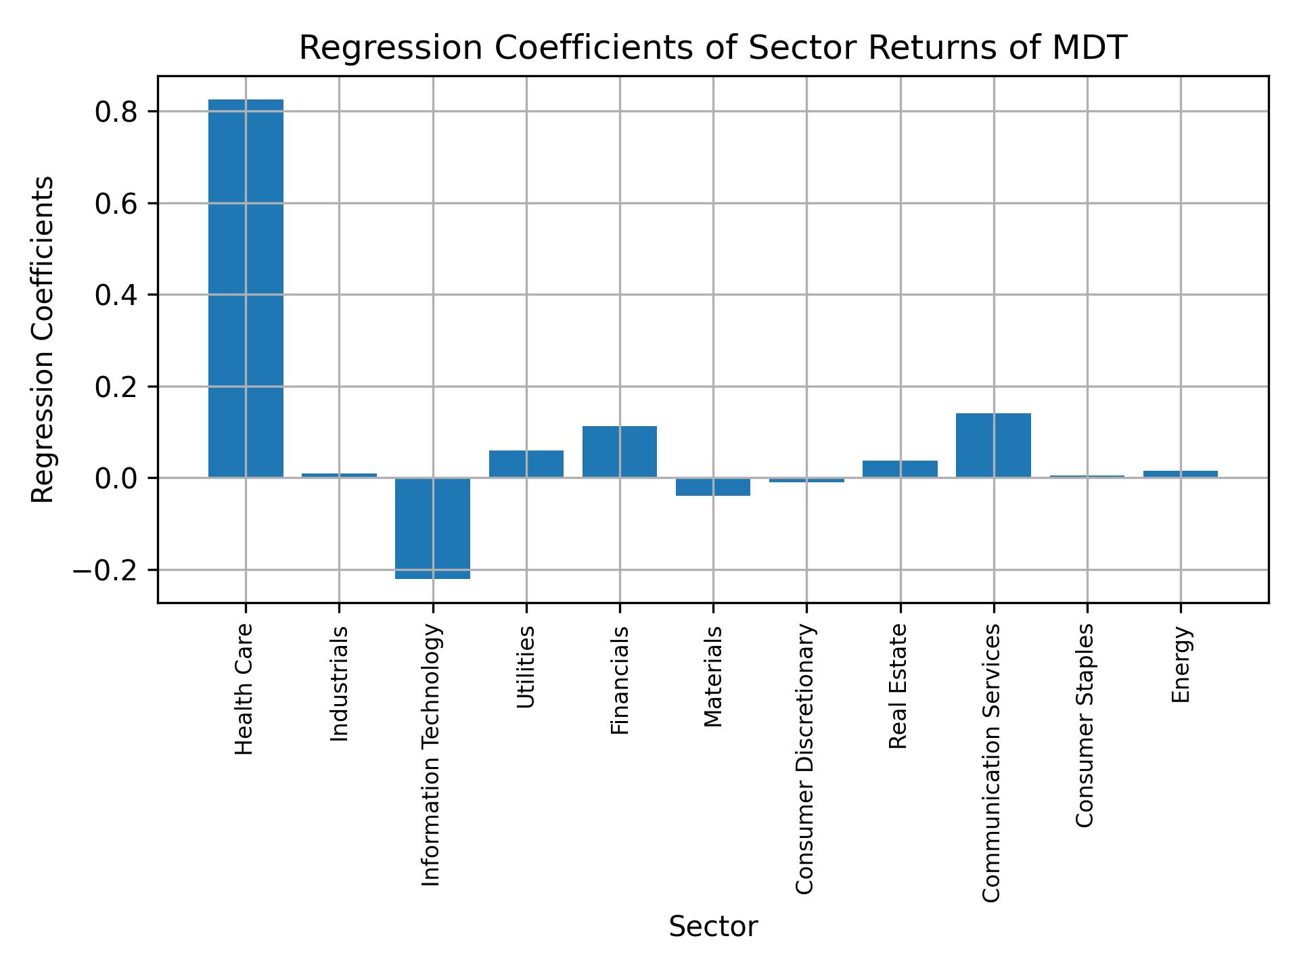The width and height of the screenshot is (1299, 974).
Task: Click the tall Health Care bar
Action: tap(246, 288)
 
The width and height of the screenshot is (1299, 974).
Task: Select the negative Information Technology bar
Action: tap(432, 528)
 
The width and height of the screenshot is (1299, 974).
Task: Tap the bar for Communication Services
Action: tap(993, 445)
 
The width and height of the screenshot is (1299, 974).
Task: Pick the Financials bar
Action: tap(620, 452)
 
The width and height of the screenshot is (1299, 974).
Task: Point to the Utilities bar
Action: tap(526, 464)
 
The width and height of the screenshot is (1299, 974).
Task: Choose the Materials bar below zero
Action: tap(713, 487)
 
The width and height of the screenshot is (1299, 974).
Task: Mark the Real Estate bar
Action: tap(900, 469)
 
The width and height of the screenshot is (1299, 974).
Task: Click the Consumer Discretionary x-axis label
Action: tap(804, 759)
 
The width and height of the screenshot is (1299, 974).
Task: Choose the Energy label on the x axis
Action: tap(1181, 665)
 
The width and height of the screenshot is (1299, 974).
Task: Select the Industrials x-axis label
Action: tap(339, 684)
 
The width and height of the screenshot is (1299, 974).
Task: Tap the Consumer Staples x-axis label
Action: tap(1085, 725)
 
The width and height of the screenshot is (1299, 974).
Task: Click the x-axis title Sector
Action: tap(713, 927)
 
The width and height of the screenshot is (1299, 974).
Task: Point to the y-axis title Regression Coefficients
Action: tap(44, 340)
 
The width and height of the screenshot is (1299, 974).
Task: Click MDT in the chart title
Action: tap(1091, 48)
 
